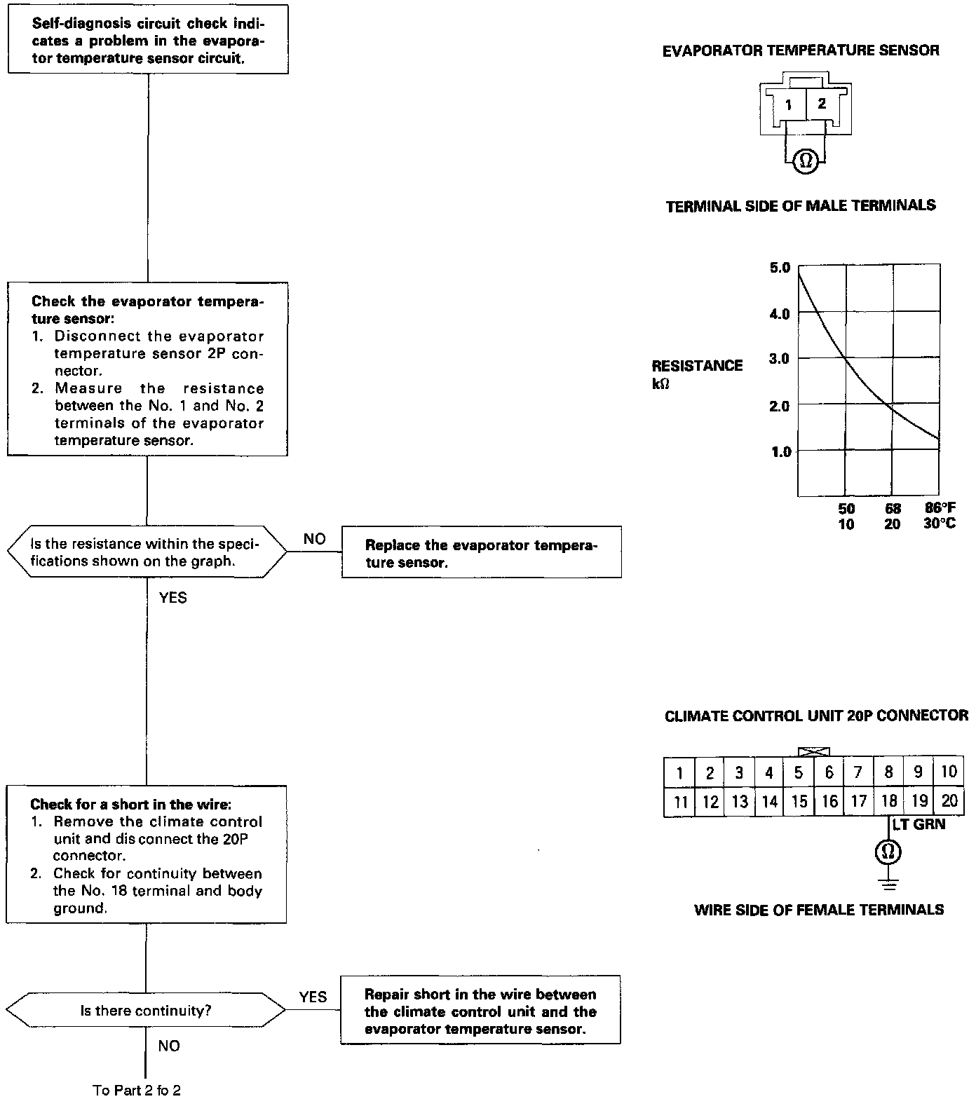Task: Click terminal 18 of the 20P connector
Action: [889, 801]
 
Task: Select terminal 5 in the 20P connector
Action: [799, 772]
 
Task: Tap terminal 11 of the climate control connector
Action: [680, 802]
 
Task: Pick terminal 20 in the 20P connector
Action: [949, 801]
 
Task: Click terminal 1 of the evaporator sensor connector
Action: [789, 105]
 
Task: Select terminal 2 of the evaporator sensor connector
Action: [822, 104]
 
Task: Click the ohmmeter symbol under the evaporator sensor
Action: [805, 161]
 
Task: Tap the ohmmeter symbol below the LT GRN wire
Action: [888, 852]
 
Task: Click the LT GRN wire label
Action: [919, 825]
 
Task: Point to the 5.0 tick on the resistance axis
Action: [780, 268]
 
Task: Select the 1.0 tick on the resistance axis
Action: [780, 452]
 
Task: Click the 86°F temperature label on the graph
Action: [940, 508]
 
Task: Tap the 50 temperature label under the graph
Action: [846, 508]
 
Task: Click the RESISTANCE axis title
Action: [697, 366]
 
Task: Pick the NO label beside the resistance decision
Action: [315, 539]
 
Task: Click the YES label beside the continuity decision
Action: [313, 997]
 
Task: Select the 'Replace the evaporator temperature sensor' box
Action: [481, 552]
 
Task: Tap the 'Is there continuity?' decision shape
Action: [146, 1011]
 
